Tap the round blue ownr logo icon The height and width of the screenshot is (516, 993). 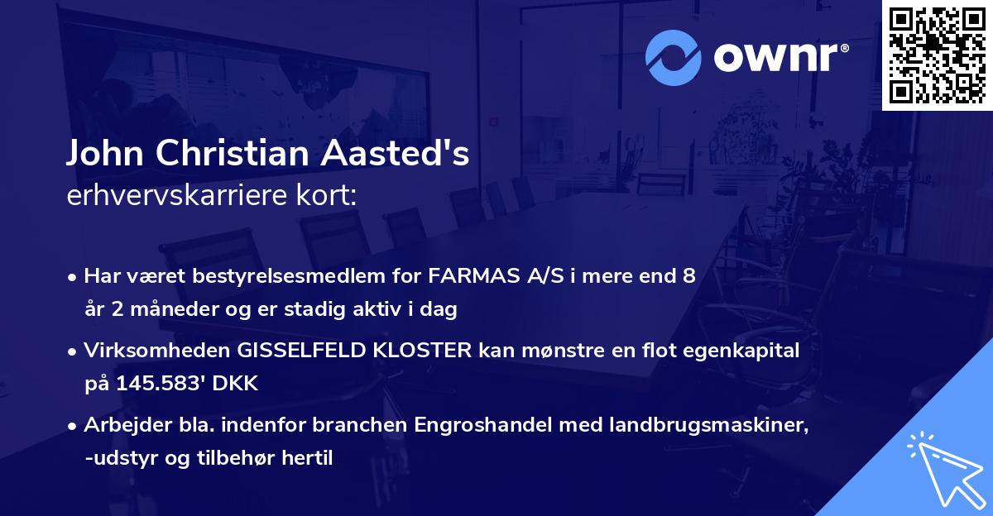pyautogui.click(x=674, y=56)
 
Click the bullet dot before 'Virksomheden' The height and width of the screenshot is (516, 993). pyautogui.click(x=74, y=351)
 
